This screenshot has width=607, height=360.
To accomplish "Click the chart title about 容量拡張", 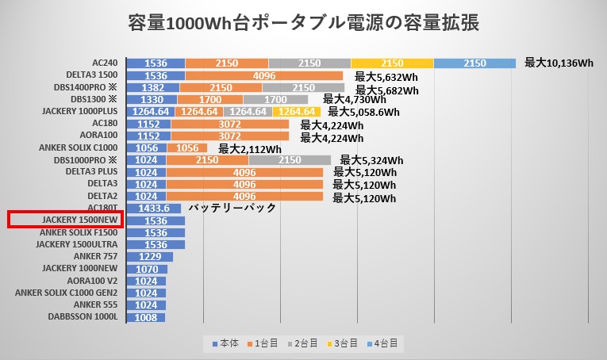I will point(303,23).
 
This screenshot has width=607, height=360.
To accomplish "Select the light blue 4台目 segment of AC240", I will point(474,63).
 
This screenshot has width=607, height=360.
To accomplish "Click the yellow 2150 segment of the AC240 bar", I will point(392,63).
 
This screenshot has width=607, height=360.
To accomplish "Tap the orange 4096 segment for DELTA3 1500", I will point(263,75).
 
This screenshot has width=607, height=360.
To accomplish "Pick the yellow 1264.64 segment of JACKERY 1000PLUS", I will point(298,112).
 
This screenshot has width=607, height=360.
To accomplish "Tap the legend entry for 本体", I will point(226,343).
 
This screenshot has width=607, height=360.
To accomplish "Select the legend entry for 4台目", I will point(386,343).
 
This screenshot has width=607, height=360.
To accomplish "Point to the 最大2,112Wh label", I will point(250,149).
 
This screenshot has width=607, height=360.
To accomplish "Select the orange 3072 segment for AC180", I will point(229,124).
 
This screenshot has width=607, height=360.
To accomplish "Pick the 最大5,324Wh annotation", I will point(371,160).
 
